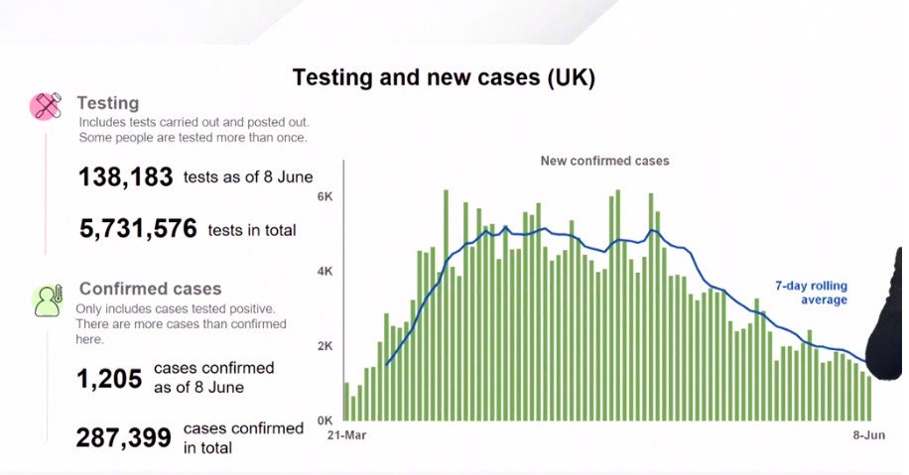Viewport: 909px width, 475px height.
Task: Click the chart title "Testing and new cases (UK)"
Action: [x=444, y=78]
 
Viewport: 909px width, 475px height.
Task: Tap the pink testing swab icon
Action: [x=46, y=106]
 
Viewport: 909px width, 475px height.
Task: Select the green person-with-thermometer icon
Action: [x=48, y=300]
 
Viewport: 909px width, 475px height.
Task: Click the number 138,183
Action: [x=125, y=178]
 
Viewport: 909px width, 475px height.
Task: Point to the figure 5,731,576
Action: [x=138, y=229]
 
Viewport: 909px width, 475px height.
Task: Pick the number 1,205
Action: [x=109, y=379]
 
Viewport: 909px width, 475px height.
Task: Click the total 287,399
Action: [x=123, y=438]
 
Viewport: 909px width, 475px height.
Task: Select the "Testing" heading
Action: [x=108, y=103]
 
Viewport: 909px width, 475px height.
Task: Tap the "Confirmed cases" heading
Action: [x=151, y=289]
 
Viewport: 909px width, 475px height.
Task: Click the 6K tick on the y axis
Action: [x=325, y=197]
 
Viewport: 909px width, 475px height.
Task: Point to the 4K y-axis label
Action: [x=325, y=271]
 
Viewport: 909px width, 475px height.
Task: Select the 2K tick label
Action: [x=325, y=346]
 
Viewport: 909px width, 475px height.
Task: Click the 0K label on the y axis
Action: [x=325, y=420]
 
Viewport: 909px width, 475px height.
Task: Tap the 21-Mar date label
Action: [x=346, y=435]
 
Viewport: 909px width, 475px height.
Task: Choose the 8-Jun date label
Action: [x=869, y=435]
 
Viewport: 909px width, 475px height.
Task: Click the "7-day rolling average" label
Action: [x=812, y=293]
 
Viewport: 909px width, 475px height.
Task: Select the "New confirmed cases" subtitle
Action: [x=604, y=161]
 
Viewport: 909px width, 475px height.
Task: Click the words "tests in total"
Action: [x=252, y=230]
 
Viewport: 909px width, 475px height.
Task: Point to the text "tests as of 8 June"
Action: [x=248, y=177]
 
